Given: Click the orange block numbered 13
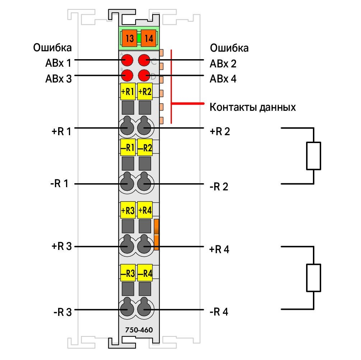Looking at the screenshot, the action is click(x=130, y=38).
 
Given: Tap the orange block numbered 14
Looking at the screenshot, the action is click(x=149, y=38).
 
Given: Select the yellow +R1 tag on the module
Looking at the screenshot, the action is click(x=128, y=91).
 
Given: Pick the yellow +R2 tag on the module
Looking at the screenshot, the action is click(x=145, y=91).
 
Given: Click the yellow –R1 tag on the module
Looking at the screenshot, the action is click(x=128, y=147).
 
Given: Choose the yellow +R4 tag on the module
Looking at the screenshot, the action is click(x=145, y=210).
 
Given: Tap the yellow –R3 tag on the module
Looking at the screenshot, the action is click(x=128, y=273).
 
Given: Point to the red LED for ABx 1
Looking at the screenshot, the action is click(x=127, y=61).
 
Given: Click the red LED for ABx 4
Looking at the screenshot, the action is click(x=144, y=75).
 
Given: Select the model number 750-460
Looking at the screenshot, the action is click(x=139, y=330).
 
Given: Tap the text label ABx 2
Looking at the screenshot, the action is click(x=223, y=64).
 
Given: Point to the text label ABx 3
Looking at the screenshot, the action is click(x=58, y=79).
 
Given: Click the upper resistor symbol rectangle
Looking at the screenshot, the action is click(x=314, y=156).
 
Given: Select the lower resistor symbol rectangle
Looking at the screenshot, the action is click(x=314, y=278).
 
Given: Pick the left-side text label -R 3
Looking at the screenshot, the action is click(x=63, y=312).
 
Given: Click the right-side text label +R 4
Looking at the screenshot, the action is click(x=219, y=249).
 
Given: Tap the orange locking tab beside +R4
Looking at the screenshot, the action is click(x=156, y=235).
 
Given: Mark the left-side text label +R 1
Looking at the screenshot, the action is click(x=61, y=131).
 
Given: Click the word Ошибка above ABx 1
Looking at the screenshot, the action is click(x=52, y=48).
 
